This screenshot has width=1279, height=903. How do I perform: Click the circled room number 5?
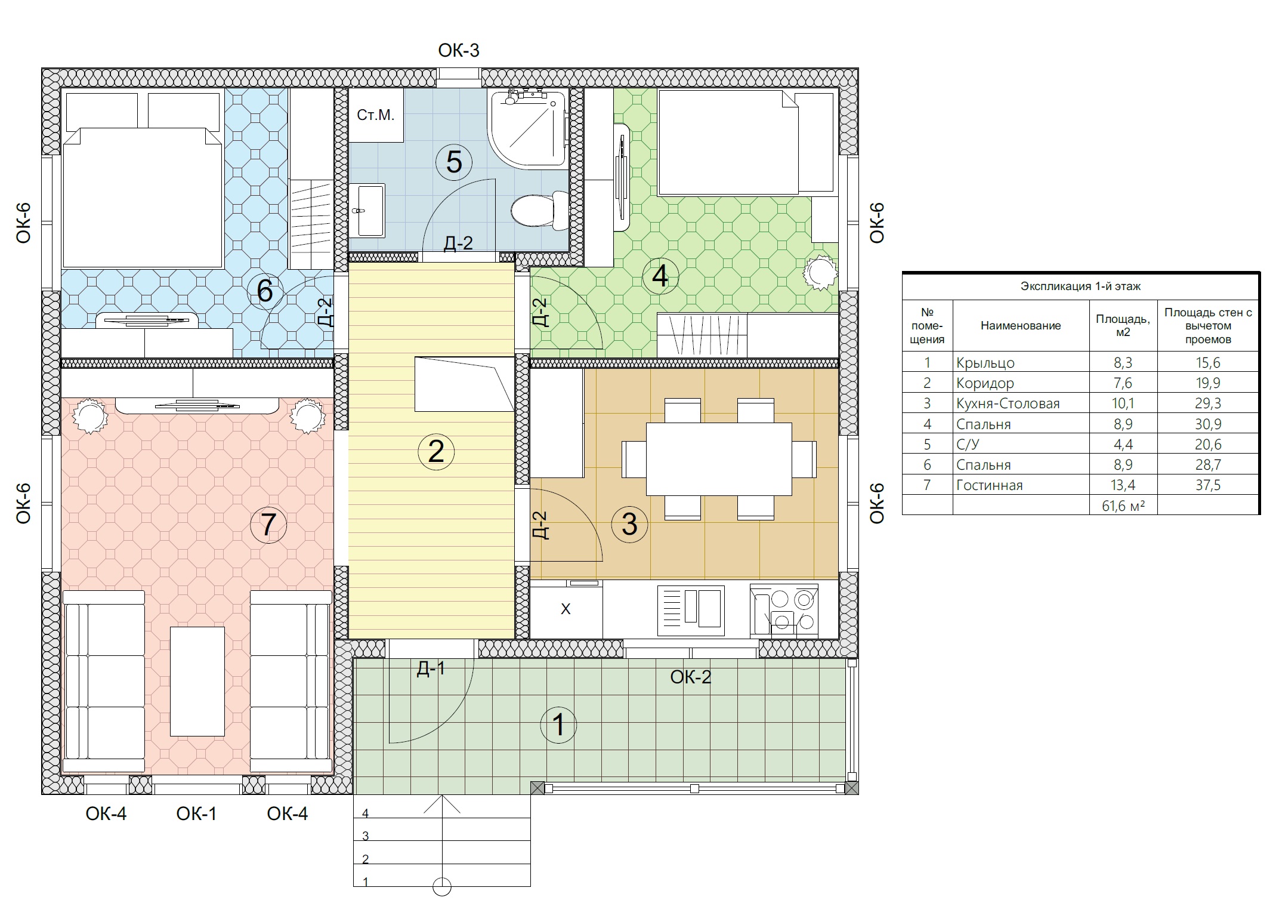coord(454,161)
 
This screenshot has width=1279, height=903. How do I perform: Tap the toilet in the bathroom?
coord(540,210)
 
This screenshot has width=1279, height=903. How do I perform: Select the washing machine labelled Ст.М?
coord(376,115)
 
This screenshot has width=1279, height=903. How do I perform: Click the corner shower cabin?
coord(527,130)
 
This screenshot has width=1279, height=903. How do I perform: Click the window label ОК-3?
coord(459,51)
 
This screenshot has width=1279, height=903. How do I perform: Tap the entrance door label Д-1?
coord(431,668)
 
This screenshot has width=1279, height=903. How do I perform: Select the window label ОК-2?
coord(691,677)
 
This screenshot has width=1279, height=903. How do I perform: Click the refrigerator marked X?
coord(566,609)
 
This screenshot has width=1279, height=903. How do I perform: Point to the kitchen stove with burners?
coord(784,609)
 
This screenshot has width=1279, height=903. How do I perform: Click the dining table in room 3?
coord(719,458)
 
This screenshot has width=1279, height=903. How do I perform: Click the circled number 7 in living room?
coord(268,525)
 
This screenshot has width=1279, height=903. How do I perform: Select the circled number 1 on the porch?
coord(558,725)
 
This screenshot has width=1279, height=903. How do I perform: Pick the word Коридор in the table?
coord(985,383)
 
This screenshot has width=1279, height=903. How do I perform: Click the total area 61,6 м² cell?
coord(1123,506)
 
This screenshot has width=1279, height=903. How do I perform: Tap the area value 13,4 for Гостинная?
coord(1123,485)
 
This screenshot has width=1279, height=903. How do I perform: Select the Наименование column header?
coord(1021,325)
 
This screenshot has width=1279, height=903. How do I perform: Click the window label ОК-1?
coord(196,813)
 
